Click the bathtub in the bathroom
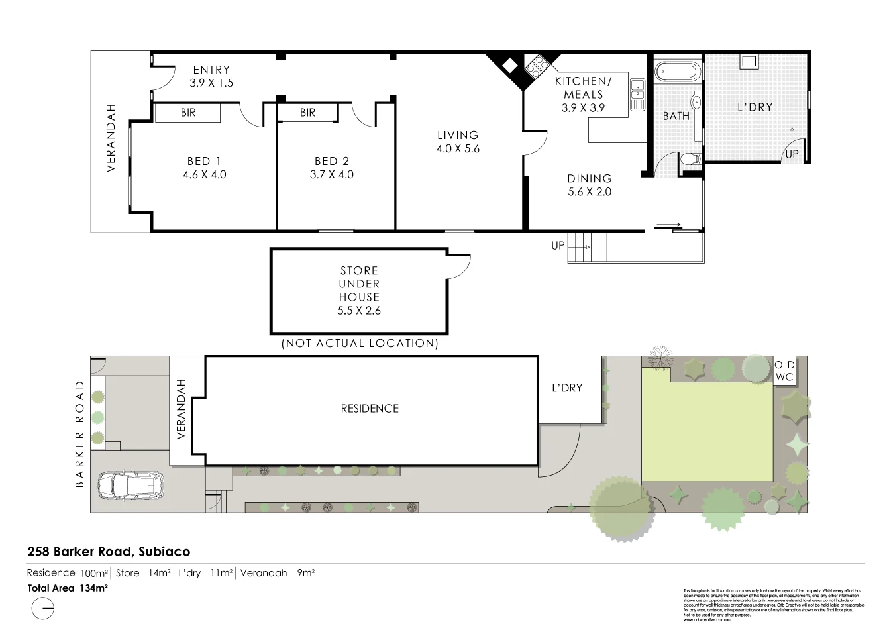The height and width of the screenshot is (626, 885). [676, 70]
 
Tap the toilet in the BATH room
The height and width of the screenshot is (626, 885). [690, 159]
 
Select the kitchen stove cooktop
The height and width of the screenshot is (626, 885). [535, 64]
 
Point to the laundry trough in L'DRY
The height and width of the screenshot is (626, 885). [749, 61]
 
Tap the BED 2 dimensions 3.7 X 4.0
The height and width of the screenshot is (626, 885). [331, 175]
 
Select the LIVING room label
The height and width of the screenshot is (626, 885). [458, 135]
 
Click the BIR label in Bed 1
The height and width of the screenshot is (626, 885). [188, 113]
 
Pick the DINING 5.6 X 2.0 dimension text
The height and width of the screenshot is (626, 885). [590, 192]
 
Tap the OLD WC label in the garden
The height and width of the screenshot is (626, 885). [784, 371]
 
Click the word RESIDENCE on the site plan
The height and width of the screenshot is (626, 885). [370, 409]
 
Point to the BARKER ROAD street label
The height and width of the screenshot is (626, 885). [80, 433]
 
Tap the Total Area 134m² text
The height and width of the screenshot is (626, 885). [68, 588]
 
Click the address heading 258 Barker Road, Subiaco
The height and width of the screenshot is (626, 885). [109, 551]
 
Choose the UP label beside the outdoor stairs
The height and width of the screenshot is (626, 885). [558, 246]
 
